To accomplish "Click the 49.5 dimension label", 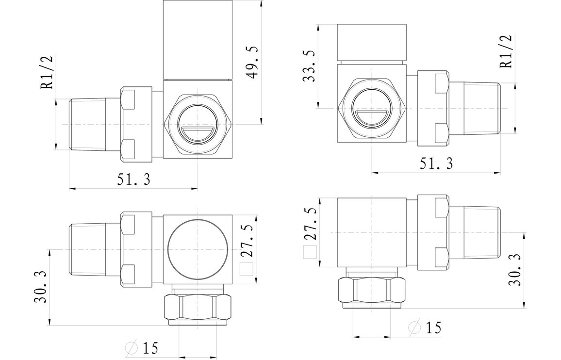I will point(252,63).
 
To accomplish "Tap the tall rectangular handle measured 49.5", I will point(198,40).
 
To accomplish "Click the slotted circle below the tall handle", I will point(198,125).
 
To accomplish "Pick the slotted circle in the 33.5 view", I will point(371,108).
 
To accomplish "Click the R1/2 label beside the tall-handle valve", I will point(47,73).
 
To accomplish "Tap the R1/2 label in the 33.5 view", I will point(506,52).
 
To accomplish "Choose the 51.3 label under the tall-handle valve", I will point(133,180).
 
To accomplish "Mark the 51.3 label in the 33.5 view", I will point(436,164).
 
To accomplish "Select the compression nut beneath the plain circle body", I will point(198,307).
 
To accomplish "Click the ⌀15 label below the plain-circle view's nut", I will point(142,347).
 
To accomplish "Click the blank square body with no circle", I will point(371,232).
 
